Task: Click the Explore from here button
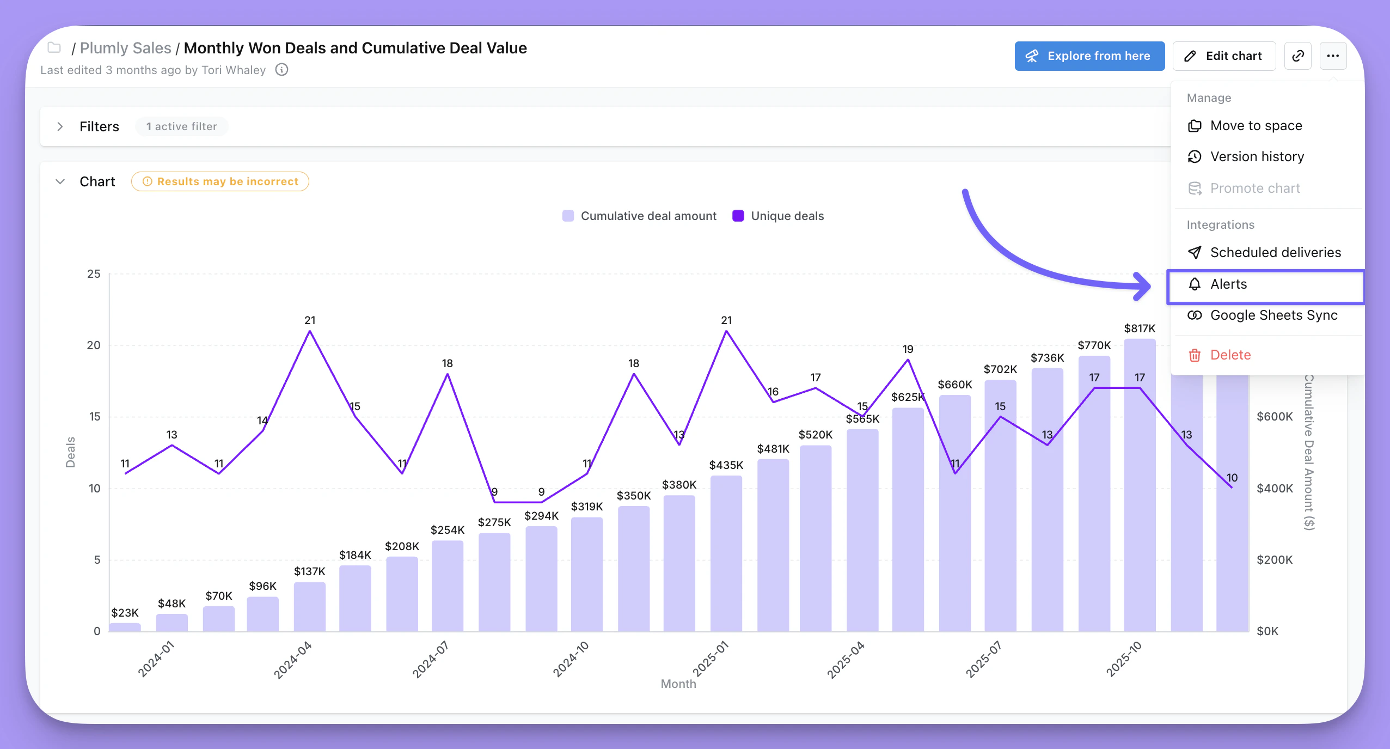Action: [1089, 56]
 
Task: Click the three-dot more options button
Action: [1332, 56]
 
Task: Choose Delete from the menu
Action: [1230, 355]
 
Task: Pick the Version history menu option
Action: [1256, 157]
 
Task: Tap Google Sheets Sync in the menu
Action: [1273, 315]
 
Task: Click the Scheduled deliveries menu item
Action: [1275, 253]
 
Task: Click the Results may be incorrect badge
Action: [220, 181]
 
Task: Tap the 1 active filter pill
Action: [181, 126]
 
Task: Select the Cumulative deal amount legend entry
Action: [640, 216]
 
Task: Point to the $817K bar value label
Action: [1140, 328]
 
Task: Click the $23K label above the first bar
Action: [125, 613]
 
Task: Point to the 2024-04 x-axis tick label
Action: [292, 660]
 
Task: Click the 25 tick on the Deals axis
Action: [94, 274]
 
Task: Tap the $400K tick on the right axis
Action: [1274, 489]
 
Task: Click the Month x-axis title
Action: [678, 684]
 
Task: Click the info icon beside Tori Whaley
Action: [281, 70]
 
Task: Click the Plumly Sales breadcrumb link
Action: [125, 48]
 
